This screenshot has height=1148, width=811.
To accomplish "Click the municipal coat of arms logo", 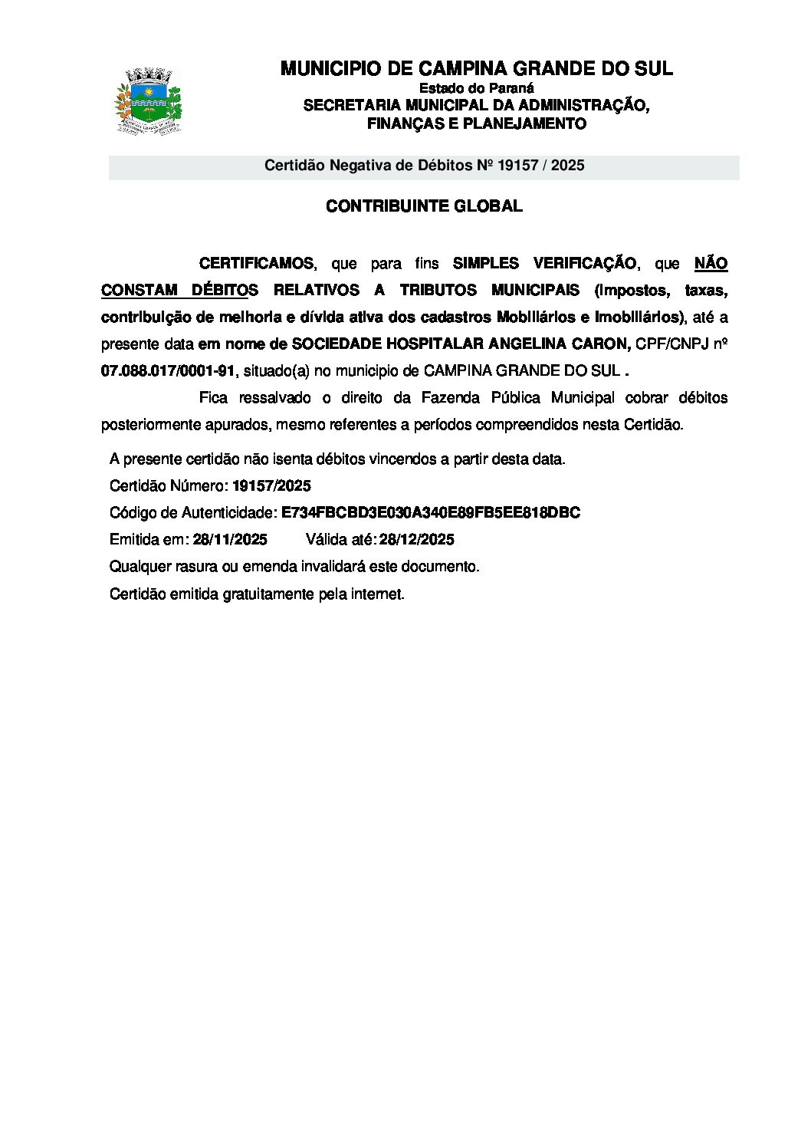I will coord(149,102).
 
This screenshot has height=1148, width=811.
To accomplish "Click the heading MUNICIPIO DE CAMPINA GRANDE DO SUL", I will coord(476,69).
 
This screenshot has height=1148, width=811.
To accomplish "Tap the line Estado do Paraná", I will coord(476,88).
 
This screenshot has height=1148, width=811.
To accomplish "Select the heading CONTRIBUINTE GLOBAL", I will coord(424,206).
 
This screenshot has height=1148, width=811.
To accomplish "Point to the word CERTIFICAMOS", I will coord(256,264).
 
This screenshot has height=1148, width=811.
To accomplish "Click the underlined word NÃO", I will coord(711,264).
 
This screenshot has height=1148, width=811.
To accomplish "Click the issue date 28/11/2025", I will coord(230,540).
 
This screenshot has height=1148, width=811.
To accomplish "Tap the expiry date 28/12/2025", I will coord(417,540).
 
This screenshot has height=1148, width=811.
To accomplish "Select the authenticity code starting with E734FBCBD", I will coord(431,513).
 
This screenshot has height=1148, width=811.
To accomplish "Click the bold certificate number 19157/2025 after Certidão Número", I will coord(271,486).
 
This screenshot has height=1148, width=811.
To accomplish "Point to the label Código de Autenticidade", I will coord(192,513).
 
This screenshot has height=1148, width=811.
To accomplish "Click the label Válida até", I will coord(340,540).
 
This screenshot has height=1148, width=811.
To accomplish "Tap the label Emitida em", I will coord(149,540).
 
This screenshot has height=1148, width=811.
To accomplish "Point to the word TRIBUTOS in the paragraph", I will coord(437,291).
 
